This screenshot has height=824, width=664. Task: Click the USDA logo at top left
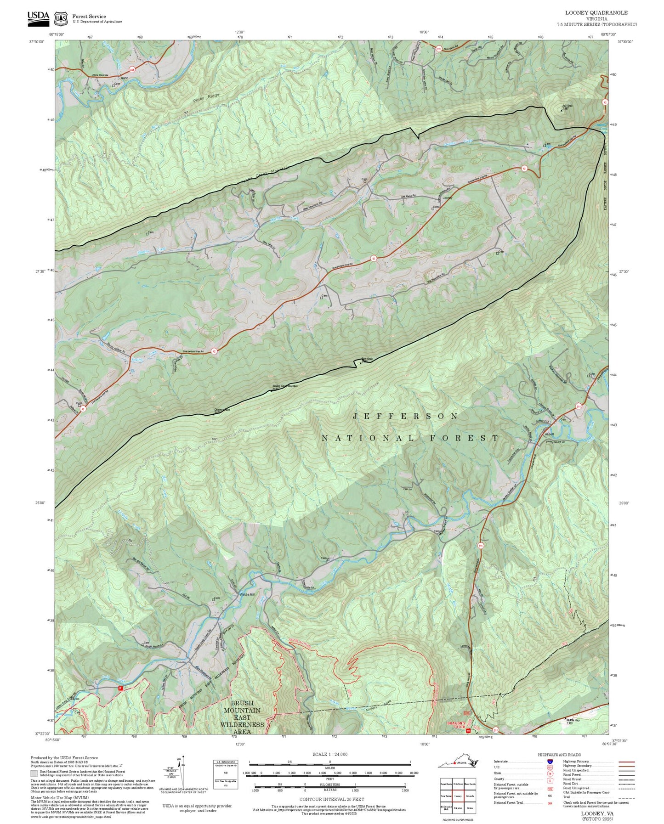point(38,17)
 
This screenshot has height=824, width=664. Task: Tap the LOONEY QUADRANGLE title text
point(596,13)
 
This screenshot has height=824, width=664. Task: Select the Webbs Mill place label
point(247,594)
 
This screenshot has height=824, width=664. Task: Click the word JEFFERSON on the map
point(405,416)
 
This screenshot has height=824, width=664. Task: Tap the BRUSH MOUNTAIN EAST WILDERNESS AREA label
point(242,717)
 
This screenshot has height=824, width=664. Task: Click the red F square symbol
point(120,688)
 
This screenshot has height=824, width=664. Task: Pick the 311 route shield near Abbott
point(579,406)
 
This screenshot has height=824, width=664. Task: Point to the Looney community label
point(448,198)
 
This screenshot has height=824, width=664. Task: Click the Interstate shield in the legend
point(550,761)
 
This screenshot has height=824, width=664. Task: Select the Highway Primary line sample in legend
point(626,762)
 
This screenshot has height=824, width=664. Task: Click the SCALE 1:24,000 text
point(330,754)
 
